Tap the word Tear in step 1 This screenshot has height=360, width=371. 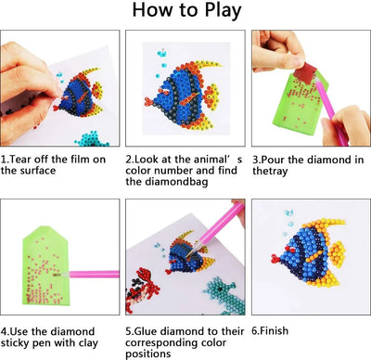tap(26, 160)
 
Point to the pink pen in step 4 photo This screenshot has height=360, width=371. tap(93, 275)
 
